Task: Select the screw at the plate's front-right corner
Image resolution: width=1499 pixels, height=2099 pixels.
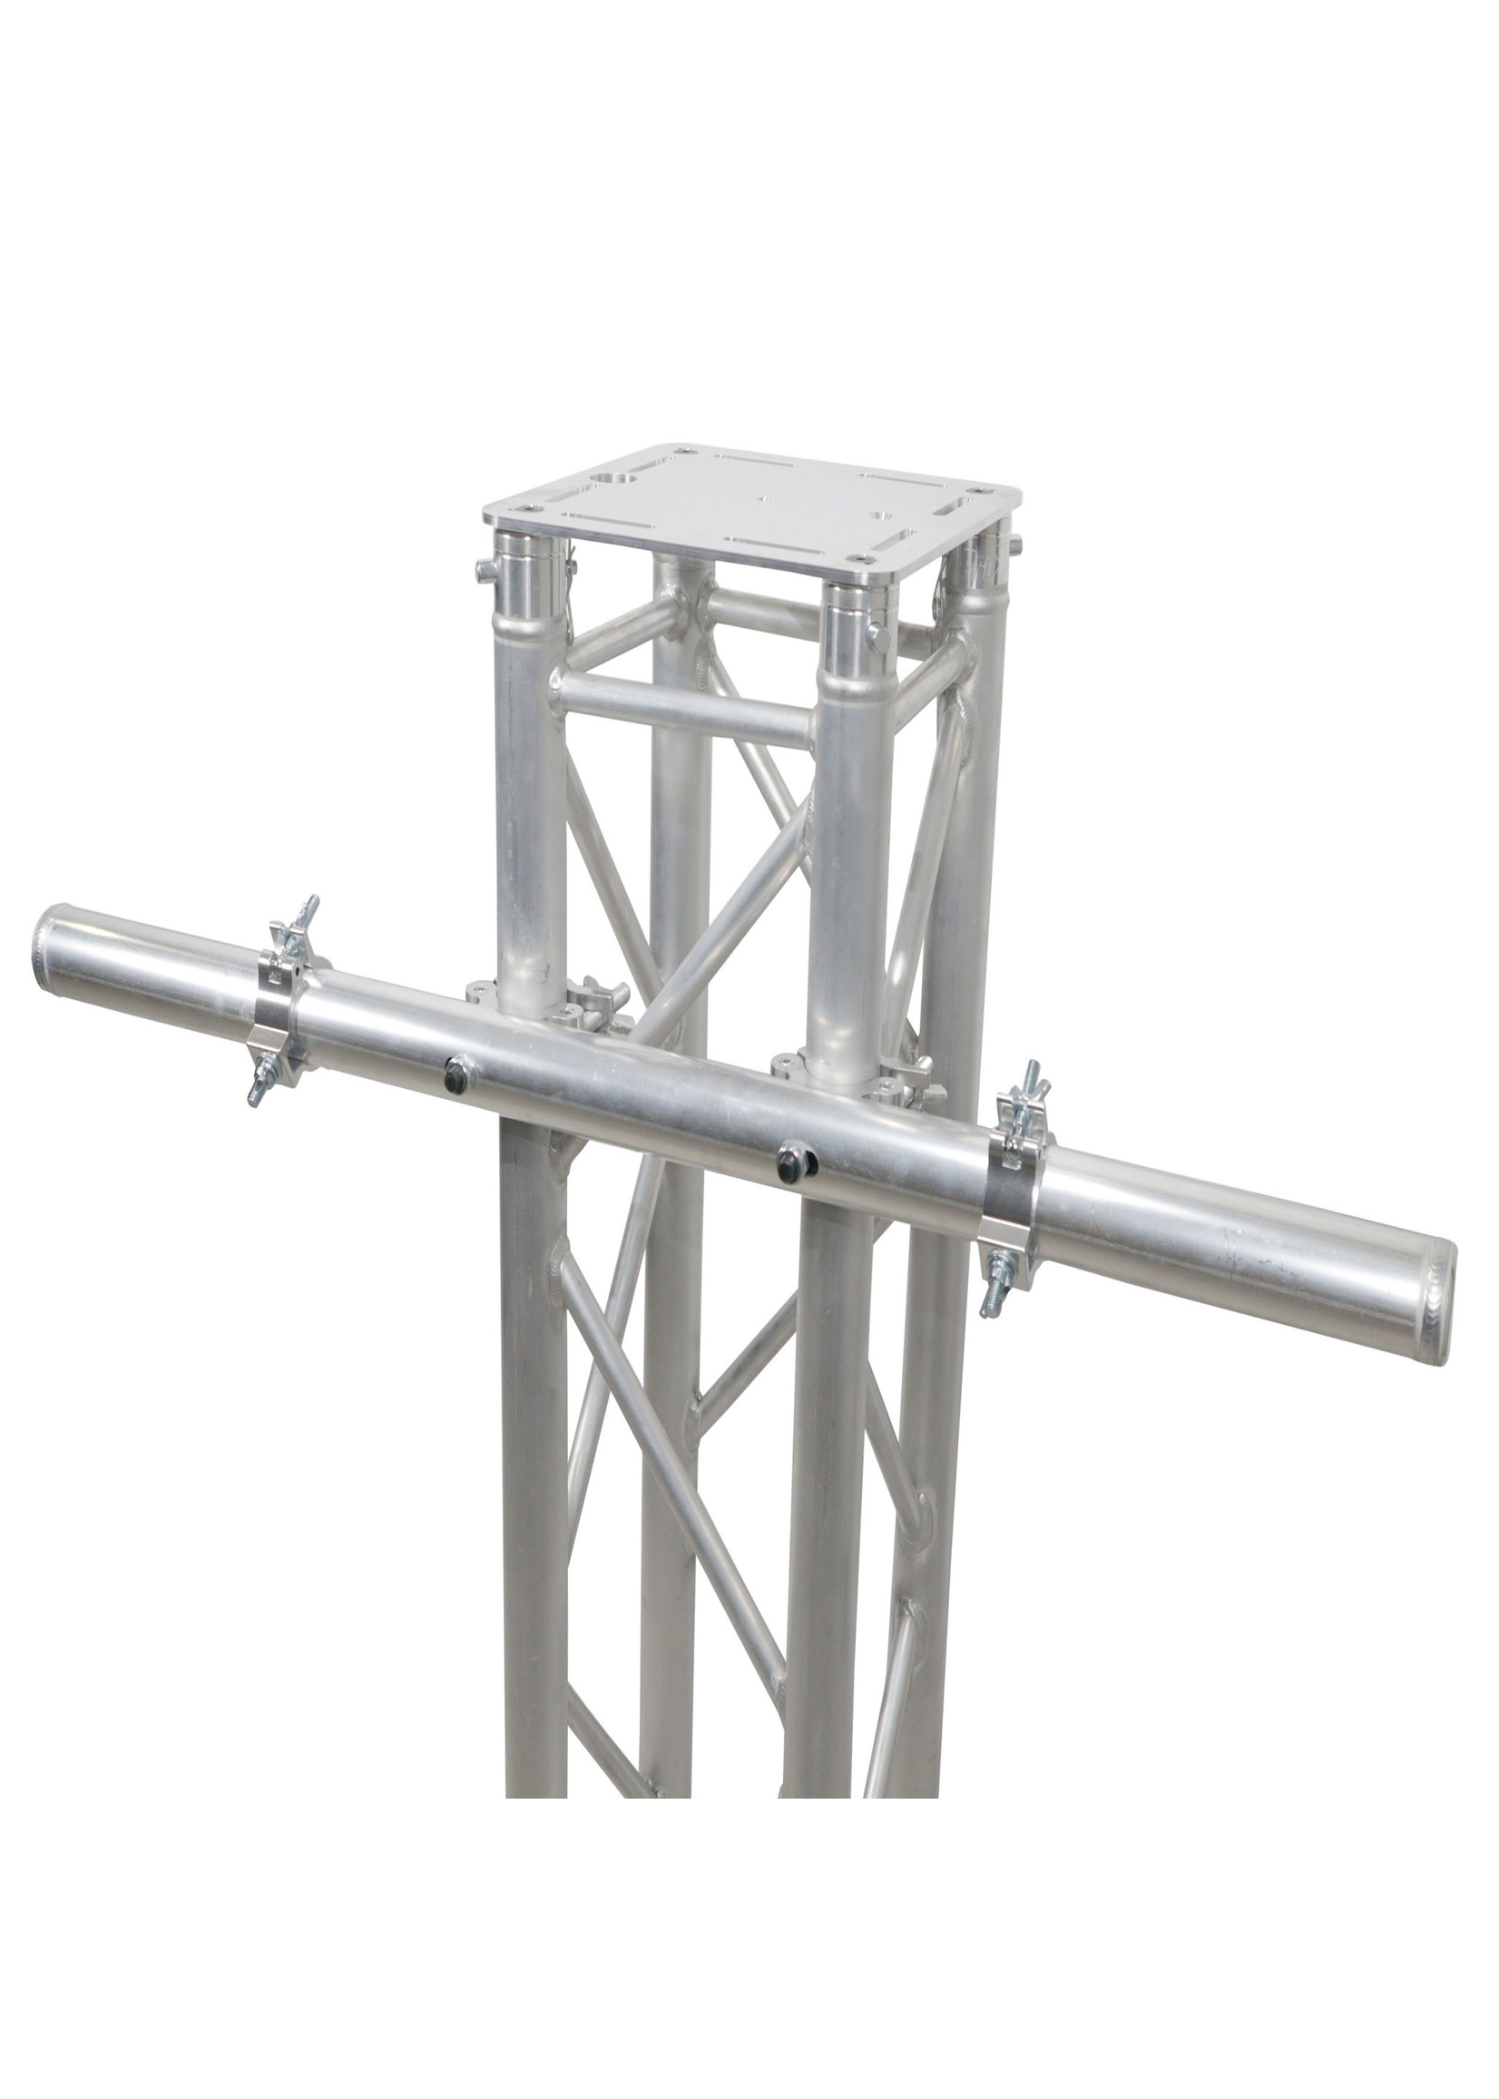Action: tap(861, 557)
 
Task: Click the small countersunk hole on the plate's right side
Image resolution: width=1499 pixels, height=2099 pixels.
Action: tap(884, 516)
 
